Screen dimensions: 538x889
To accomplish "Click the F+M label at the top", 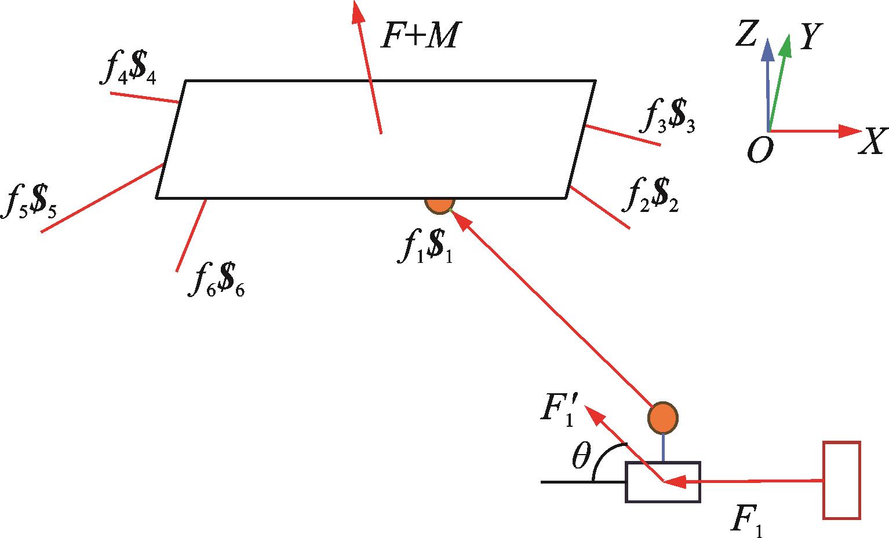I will pos(419,35).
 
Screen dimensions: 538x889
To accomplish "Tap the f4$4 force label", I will pos(130,71).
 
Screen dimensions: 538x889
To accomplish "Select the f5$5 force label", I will pos(28,202).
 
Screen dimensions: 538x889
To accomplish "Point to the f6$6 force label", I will pos(216,282).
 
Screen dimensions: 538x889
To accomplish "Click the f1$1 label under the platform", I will pos(425,248).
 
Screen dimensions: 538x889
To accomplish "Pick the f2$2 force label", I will pos(650,195).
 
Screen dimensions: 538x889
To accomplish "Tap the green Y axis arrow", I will pos(778,81).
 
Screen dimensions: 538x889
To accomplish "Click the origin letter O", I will pos(759,151).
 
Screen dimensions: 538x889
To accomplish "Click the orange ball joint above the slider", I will pos(663,417).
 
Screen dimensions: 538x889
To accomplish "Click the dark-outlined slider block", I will pos(663,482).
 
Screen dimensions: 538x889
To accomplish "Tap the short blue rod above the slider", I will pos(663,447).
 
